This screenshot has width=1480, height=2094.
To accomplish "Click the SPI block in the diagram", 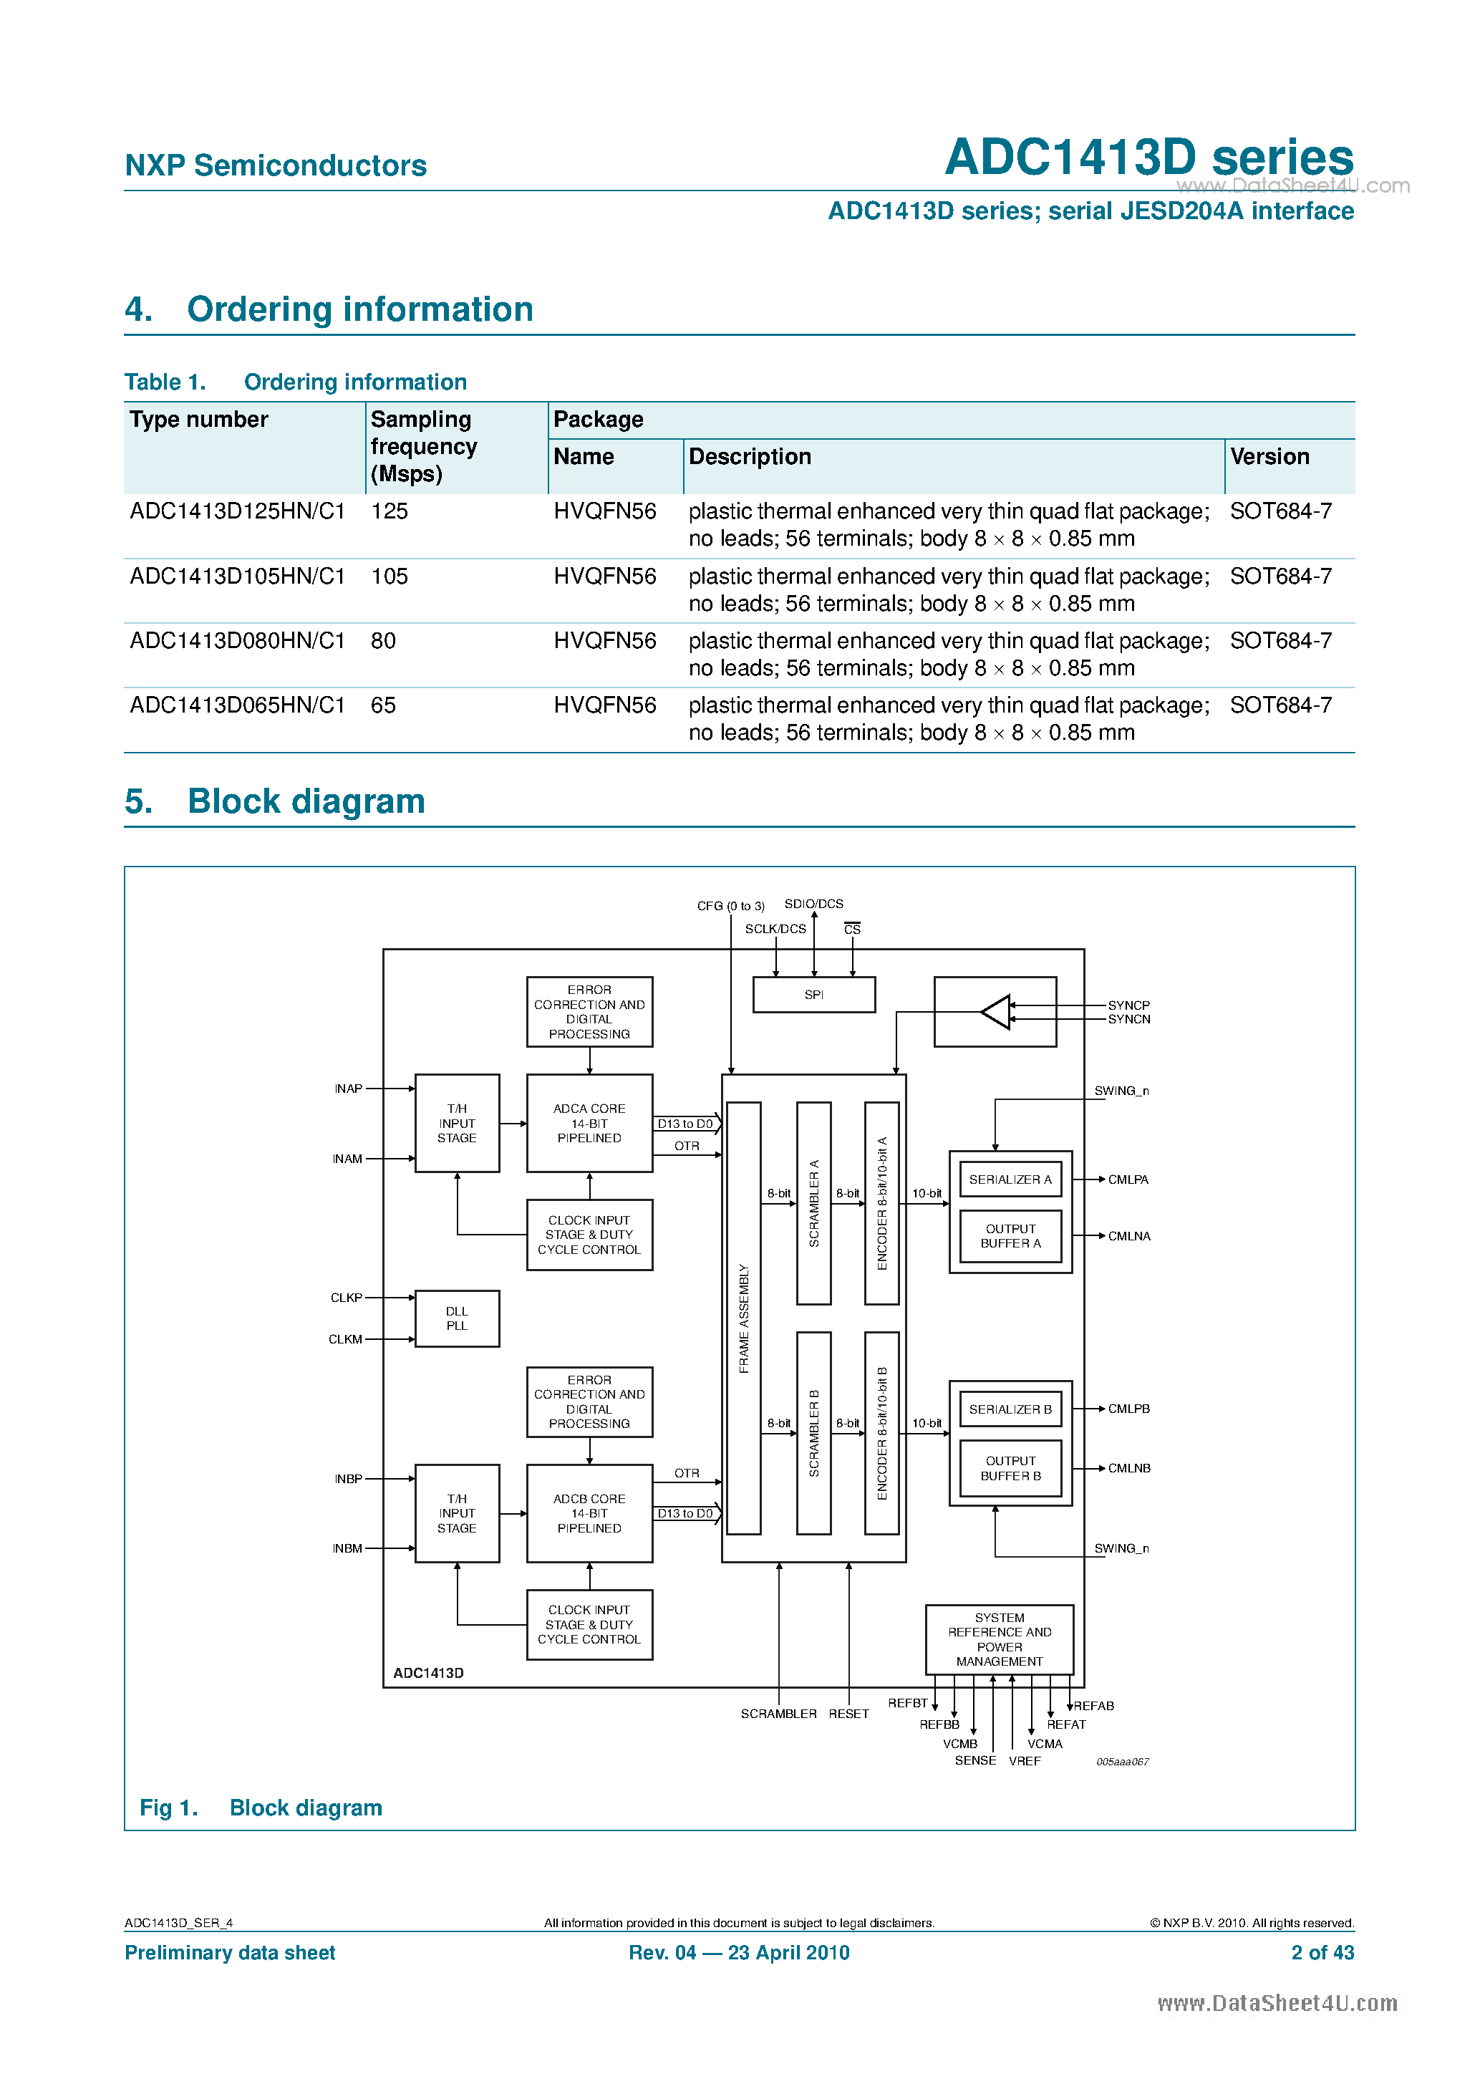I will pyautogui.click(x=813, y=994).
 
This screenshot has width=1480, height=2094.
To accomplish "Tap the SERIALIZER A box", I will pyautogui.click(x=1010, y=1179).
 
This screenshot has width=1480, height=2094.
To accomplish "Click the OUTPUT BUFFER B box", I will pyautogui.click(x=1010, y=1468).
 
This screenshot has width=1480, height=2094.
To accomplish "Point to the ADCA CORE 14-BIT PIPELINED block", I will pyautogui.click(x=589, y=1123).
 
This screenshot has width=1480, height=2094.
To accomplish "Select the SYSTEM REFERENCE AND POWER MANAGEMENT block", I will pyautogui.click(x=999, y=1639).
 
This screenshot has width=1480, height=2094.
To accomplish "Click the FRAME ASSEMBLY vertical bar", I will pyautogui.click(x=743, y=1318).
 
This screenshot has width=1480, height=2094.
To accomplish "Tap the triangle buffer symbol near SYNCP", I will pyautogui.click(x=996, y=1011).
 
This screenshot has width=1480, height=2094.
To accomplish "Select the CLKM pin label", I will pyautogui.click(x=344, y=1340).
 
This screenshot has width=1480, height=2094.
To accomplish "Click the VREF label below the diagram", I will pyautogui.click(x=1024, y=1761).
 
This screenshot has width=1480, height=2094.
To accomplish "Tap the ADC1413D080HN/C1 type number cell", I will pyautogui.click(x=237, y=641).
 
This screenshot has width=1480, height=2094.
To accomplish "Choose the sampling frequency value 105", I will pyautogui.click(x=390, y=576).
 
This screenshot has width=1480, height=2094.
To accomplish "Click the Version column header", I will pyautogui.click(x=1269, y=457).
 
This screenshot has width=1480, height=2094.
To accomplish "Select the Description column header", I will pyautogui.click(x=750, y=457).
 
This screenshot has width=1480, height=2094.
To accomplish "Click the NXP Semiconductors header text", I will pyautogui.click(x=276, y=165).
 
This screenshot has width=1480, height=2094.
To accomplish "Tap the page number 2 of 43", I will pyautogui.click(x=1321, y=1953).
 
